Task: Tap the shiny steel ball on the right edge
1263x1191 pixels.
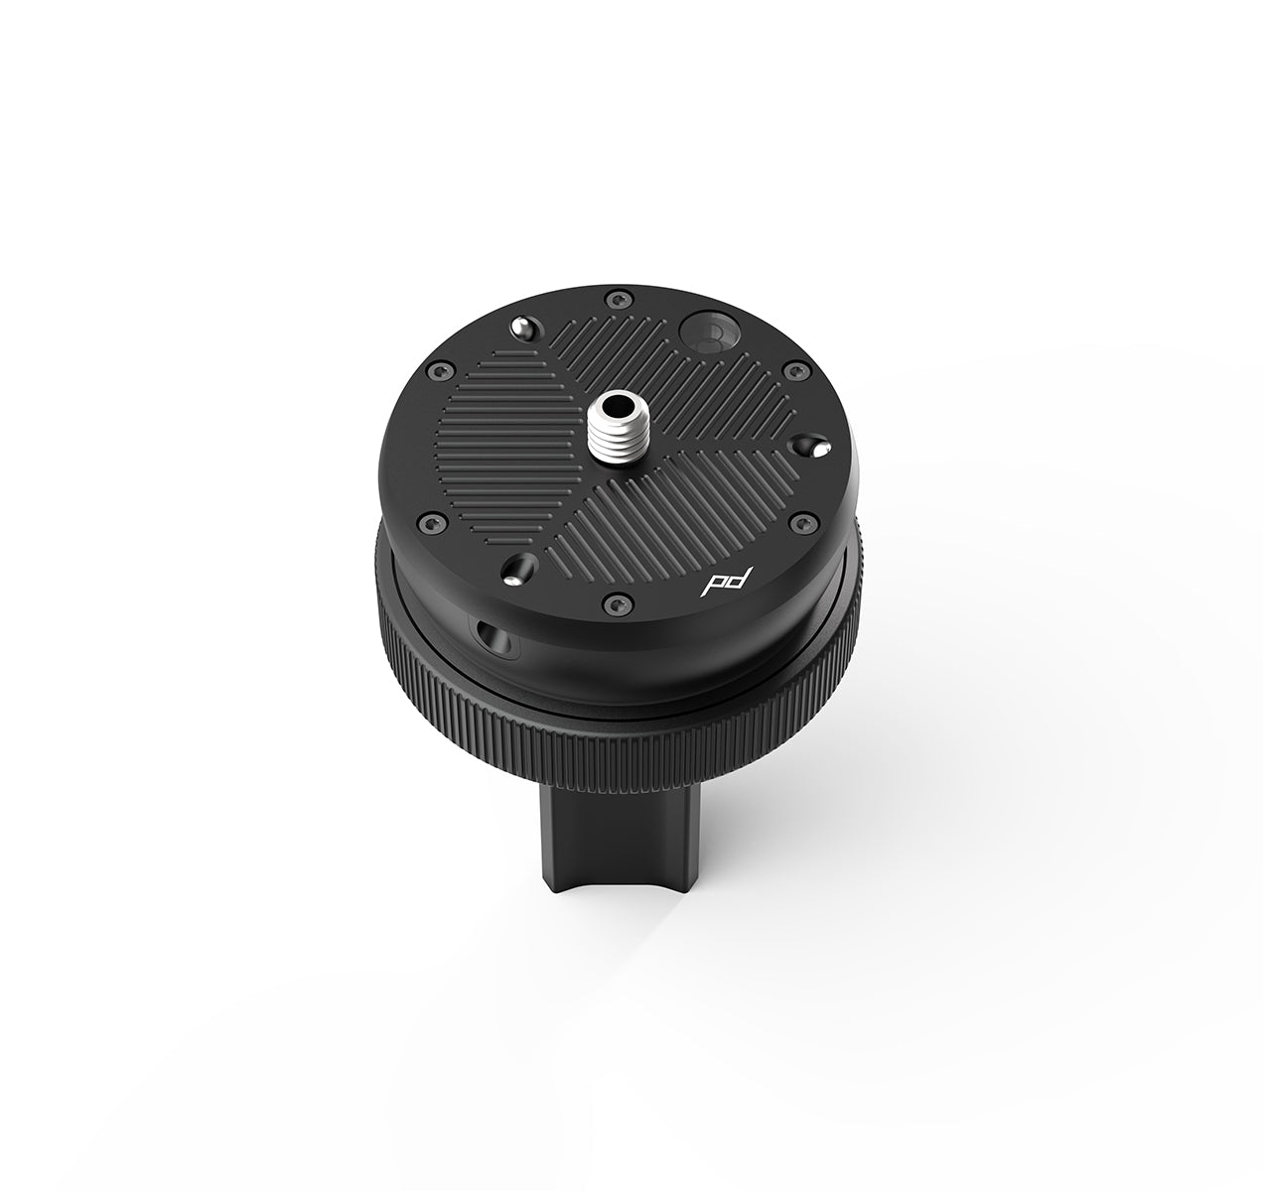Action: point(818,450)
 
